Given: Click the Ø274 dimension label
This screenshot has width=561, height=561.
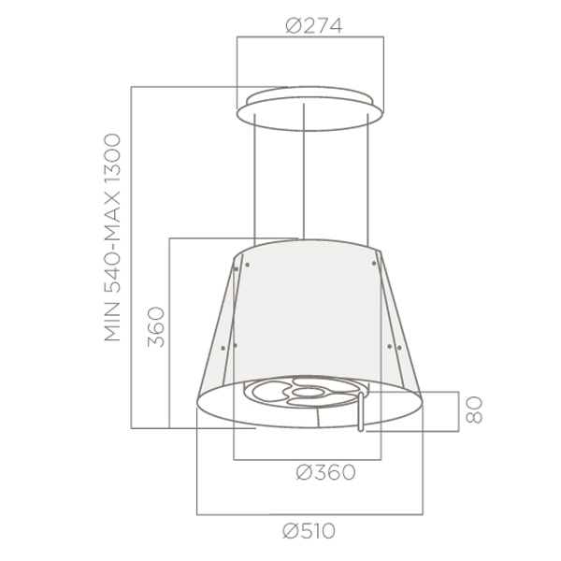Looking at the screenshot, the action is pyautogui.click(x=314, y=26).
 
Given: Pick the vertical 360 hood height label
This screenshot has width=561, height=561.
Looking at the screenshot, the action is pyautogui.click(x=156, y=326).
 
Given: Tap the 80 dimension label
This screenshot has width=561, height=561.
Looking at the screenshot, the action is pyautogui.click(x=474, y=410).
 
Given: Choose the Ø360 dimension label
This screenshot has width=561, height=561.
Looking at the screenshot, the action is pyautogui.click(x=325, y=472).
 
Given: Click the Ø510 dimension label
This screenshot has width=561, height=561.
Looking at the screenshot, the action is pyautogui.click(x=309, y=531).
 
